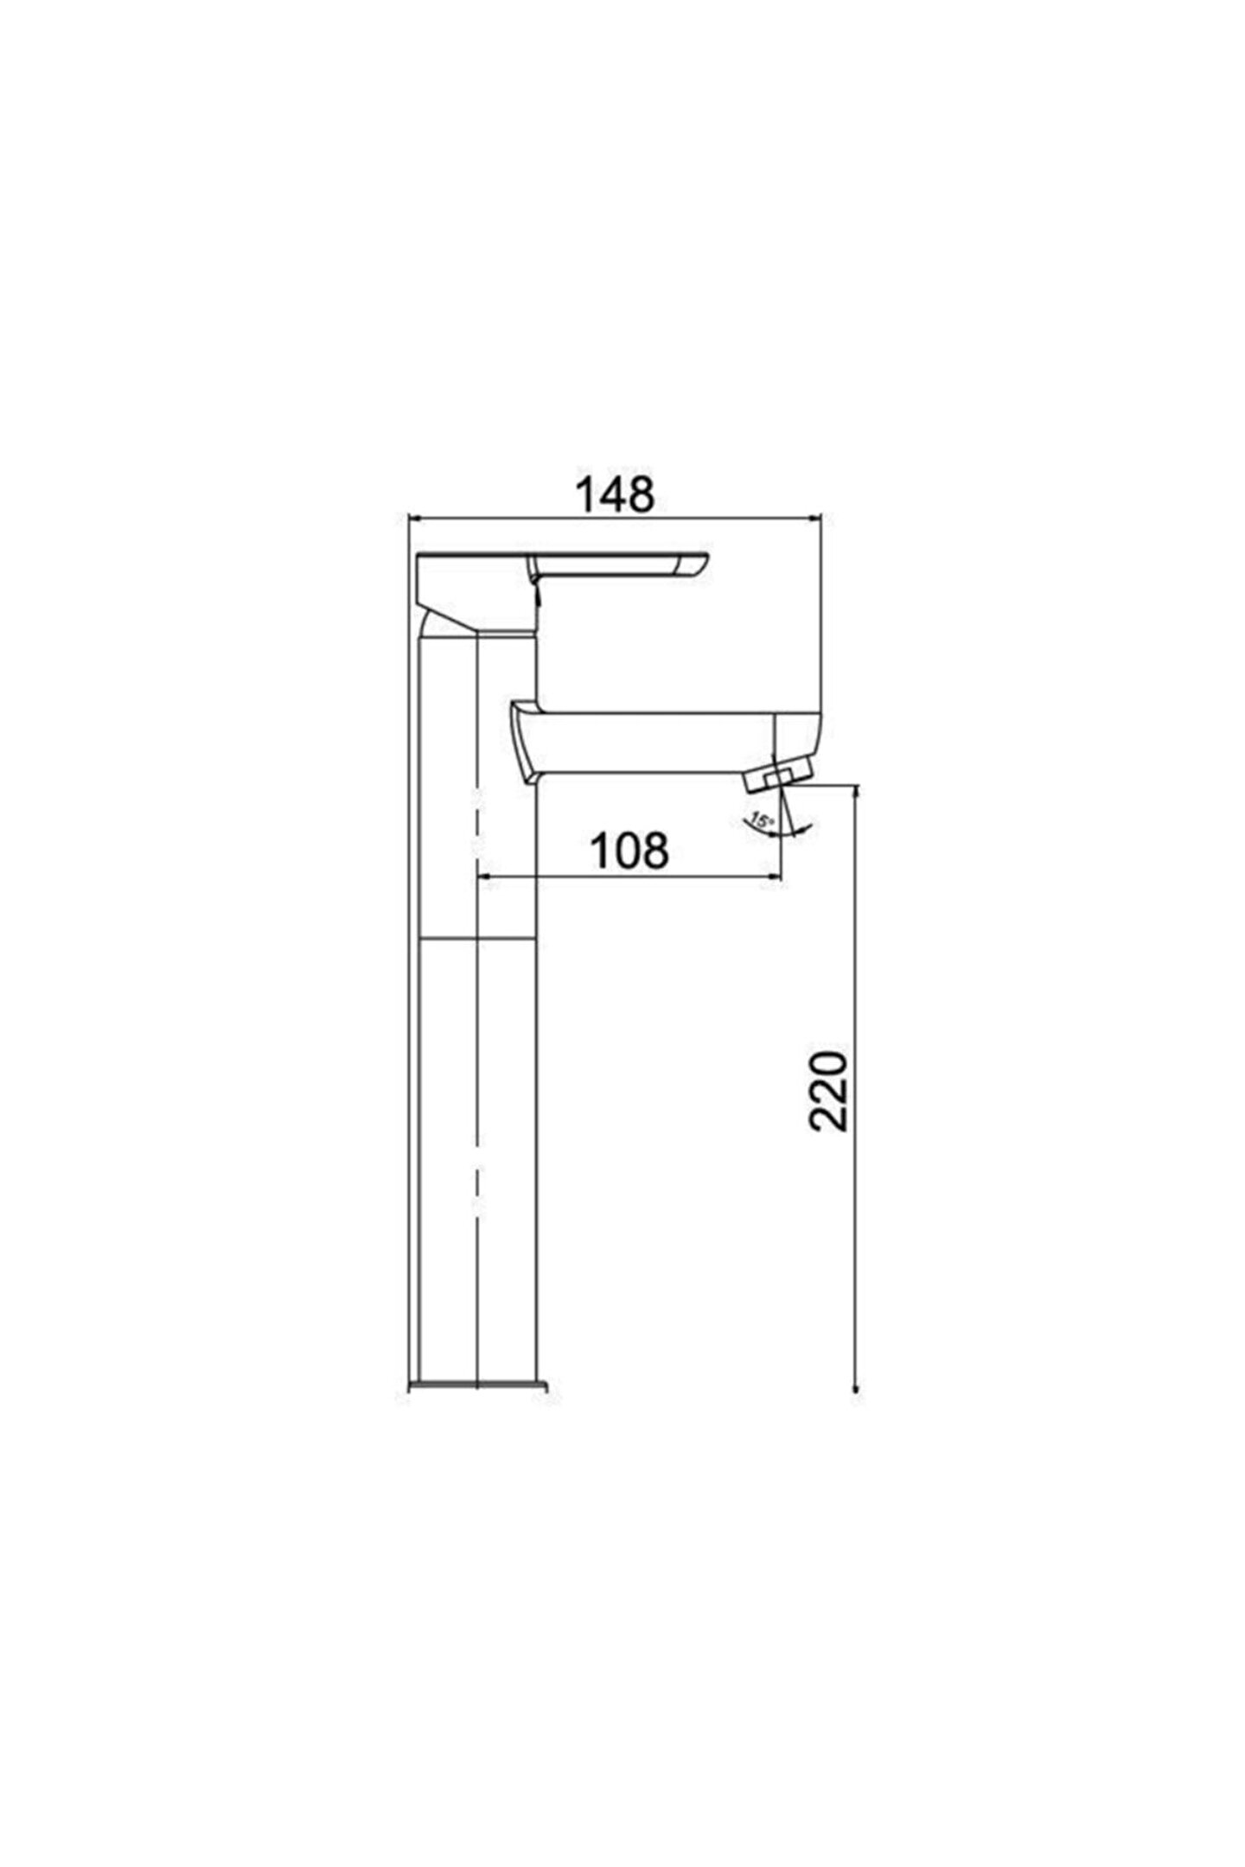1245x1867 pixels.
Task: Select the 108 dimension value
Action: (x=629, y=851)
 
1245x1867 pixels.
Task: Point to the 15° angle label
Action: (x=762, y=819)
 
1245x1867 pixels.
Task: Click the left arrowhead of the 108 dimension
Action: (x=484, y=879)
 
